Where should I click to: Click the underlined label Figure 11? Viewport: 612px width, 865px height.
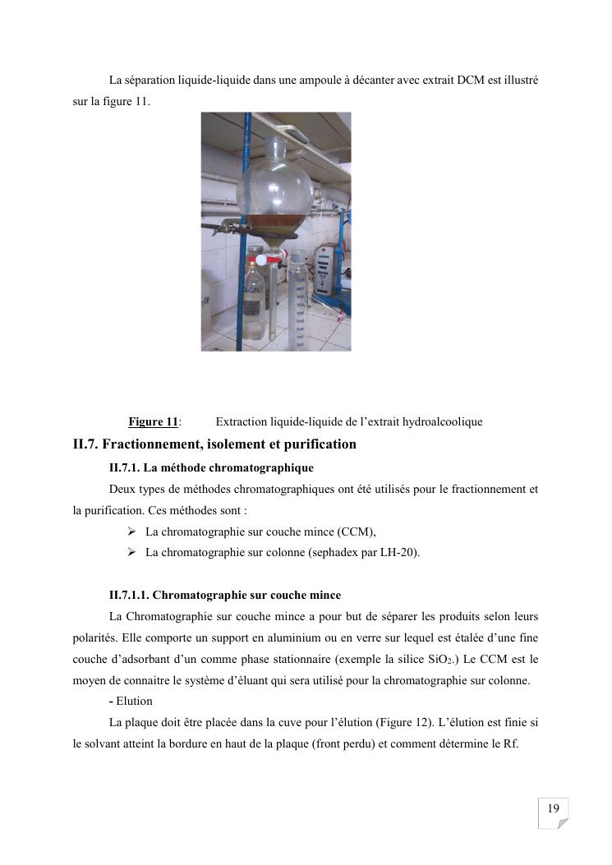click(153, 422)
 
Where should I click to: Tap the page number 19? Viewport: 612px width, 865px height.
click(553, 809)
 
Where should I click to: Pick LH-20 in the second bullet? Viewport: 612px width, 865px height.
click(398, 553)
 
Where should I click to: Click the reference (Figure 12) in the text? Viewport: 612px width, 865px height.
click(392, 721)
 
